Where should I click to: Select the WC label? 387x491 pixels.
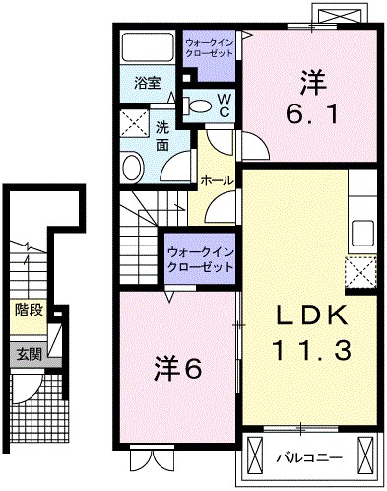pyautogui.click(x=222, y=105)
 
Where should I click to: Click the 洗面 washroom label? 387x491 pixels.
pyautogui.click(x=161, y=135)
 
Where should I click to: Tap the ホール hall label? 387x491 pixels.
pyautogui.click(x=216, y=181)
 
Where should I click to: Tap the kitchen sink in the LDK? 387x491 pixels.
pyautogui.click(x=360, y=232)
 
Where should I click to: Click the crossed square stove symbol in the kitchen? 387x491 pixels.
pyautogui.click(x=360, y=270)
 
